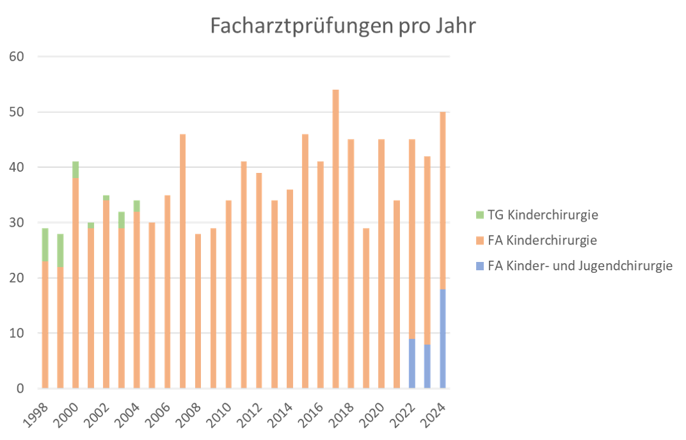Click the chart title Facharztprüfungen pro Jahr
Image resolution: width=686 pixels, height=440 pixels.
[344, 26]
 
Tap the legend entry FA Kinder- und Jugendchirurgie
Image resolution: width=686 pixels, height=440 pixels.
[580, 266]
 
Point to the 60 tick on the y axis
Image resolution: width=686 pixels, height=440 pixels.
[17, 57]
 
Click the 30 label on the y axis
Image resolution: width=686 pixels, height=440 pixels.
[17, 223]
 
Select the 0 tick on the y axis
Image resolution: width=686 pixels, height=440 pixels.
[20, 389]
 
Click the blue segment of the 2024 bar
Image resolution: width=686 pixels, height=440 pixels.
[443, 339]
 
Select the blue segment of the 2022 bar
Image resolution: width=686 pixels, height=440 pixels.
[412, 364]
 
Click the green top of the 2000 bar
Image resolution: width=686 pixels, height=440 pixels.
[76, 170]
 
